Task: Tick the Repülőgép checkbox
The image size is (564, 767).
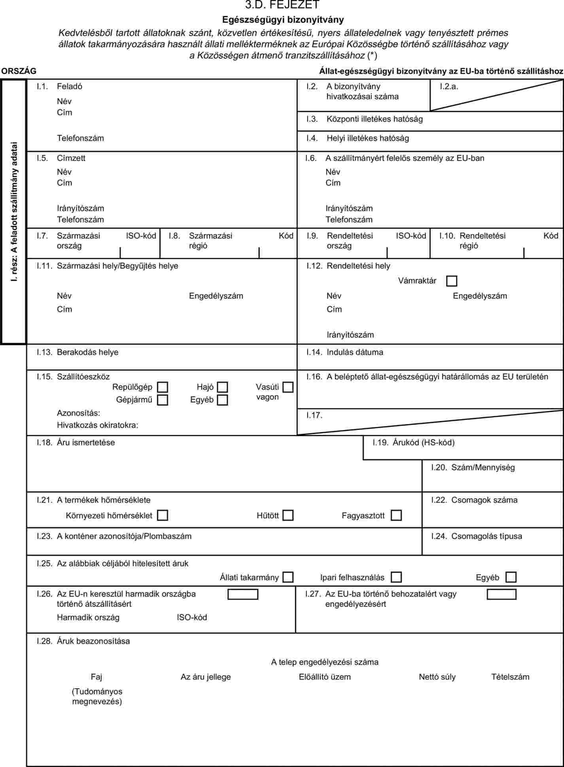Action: click(x=163, y=387)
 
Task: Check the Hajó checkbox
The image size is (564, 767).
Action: click(x=223, y=387)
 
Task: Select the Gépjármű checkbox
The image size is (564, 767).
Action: click(x=163, y=400)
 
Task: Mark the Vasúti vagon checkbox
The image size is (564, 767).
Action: click(x=288, y=387)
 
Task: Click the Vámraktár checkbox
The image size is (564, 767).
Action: click(x=451, y=281)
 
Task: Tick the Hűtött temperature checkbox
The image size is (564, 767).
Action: click(x=288, y=515)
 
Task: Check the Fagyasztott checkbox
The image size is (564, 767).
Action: click(x=396, y=515)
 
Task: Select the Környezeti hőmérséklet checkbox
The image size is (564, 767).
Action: click(x=163, y=515)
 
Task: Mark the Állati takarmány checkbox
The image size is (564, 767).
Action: click(x=288, y=577)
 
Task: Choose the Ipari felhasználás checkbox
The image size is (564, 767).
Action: click(x=396, y=577)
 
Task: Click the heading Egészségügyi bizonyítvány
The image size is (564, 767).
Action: click(x=283, y=19)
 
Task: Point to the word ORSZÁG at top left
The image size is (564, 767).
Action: click(x=19, y=71)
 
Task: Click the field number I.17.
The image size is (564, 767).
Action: click(x=314, y=415)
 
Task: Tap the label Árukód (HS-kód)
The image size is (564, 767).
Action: click(x=423, y=443)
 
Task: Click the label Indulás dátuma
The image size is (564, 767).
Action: click(x=355, y=352)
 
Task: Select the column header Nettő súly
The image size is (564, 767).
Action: click(x=437, y=677)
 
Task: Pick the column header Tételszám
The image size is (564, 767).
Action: click(x=510, y=677)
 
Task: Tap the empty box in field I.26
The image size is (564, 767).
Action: click(x=243, y=594)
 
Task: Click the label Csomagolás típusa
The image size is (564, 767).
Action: click(x=486, y=536)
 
